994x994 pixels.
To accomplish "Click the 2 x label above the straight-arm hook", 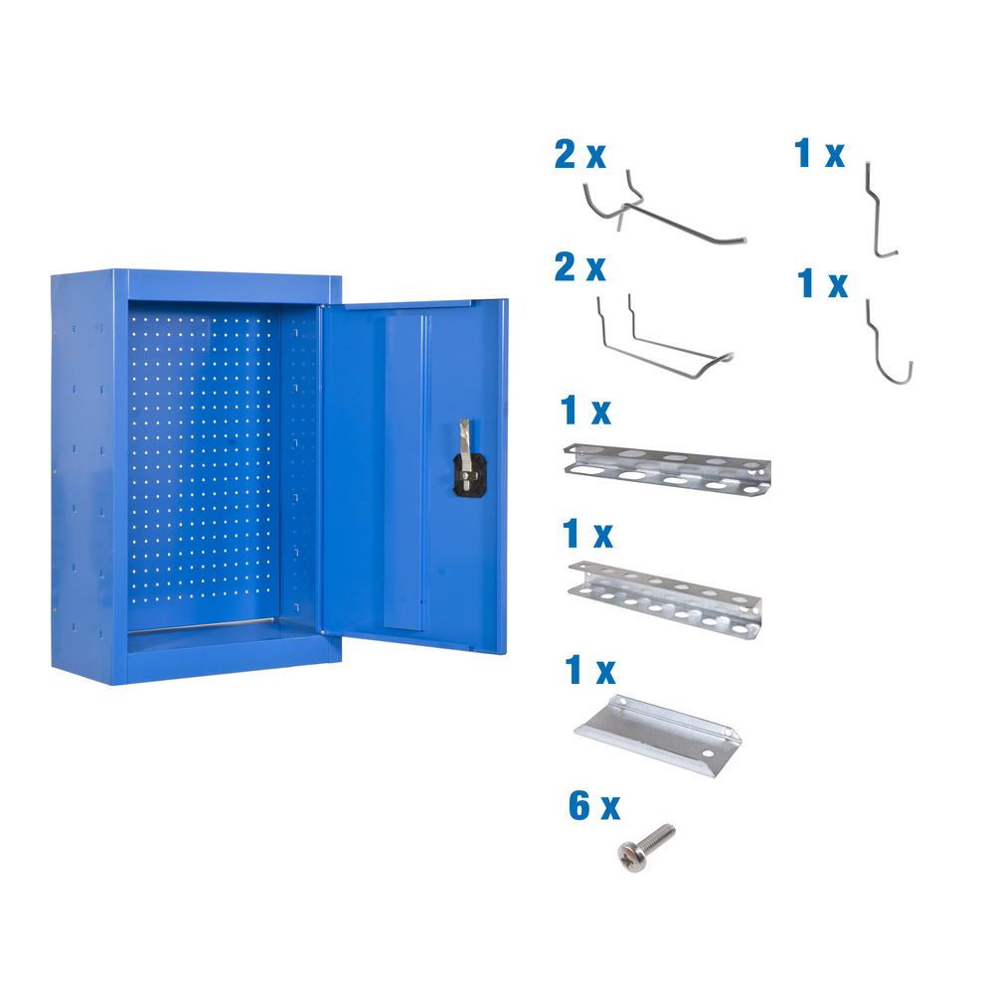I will coord(580,155).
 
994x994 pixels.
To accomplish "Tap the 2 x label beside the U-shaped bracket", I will coord(580,267).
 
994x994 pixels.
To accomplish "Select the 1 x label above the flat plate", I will coord(587,670).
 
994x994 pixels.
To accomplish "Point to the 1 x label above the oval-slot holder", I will coord(586,410).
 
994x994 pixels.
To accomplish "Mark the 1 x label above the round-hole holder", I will coord(586,535).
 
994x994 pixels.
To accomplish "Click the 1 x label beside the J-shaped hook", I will coord(822,284).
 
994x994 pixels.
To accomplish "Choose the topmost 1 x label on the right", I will coord(819,154).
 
